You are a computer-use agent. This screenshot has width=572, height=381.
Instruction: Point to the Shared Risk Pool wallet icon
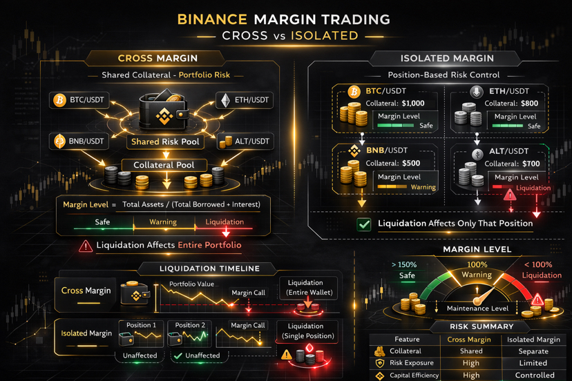164,110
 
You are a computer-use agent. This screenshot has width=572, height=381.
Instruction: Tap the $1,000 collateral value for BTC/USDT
413,104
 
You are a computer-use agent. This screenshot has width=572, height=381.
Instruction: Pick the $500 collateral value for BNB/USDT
410,164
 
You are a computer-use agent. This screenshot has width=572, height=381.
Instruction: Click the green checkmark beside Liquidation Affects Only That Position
364,224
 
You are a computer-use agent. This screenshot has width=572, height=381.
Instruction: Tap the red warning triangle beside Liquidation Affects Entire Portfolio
85,246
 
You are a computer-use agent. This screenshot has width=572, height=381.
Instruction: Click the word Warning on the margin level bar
163,222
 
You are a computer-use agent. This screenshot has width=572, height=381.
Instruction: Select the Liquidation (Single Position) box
307,331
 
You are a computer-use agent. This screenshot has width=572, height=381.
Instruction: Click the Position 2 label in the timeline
190,325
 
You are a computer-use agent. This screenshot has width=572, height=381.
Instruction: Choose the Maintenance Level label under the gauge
477,308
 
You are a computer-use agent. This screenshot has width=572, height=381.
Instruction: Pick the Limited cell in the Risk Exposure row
533,363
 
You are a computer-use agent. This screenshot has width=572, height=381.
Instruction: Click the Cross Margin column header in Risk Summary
469,339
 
